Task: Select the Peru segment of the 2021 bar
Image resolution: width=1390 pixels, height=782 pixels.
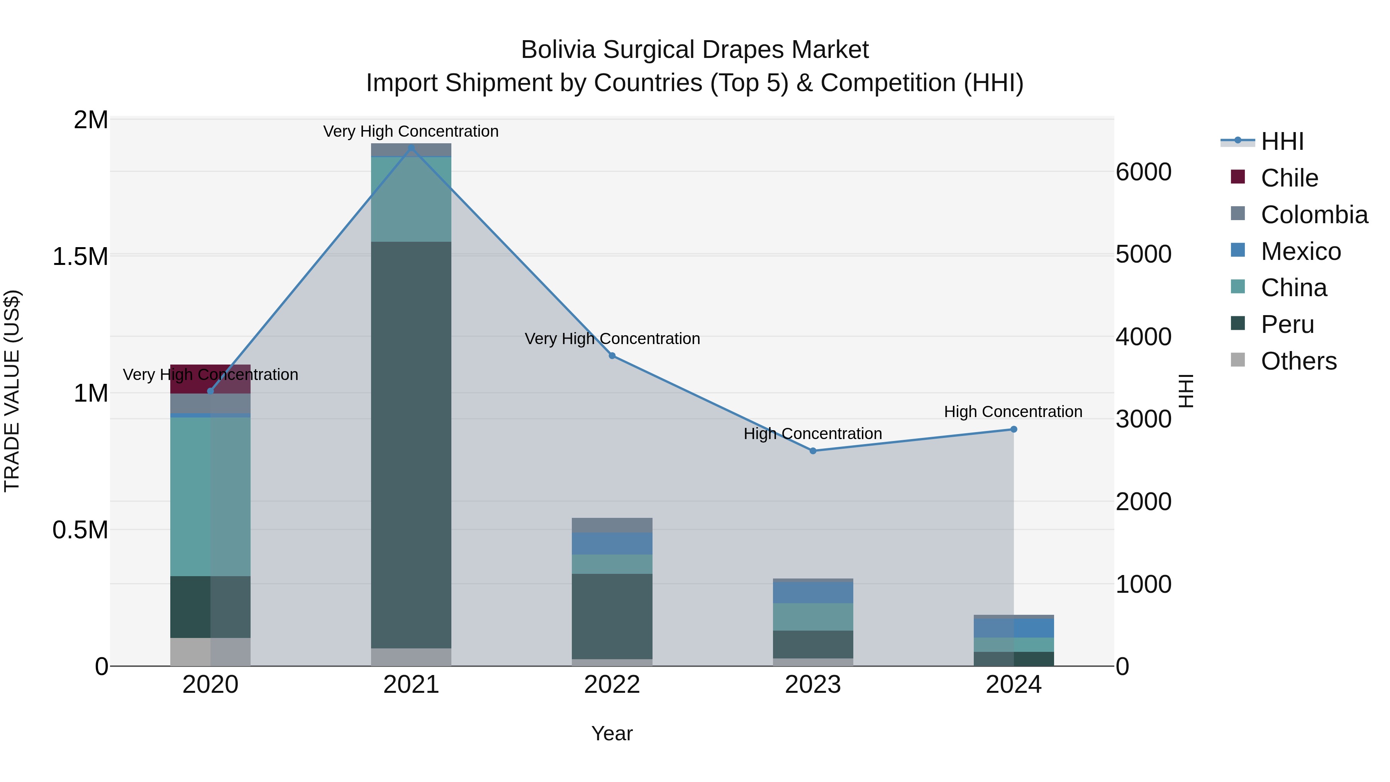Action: tap(411, 445)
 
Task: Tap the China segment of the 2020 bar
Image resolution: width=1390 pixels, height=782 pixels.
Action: tap(210, 497)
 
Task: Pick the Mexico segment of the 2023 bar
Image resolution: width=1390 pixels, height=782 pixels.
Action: tap(813, 592)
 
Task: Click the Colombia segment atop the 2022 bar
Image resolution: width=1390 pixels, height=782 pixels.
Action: tap(612, 525)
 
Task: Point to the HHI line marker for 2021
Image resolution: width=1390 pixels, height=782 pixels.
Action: tap(411, 148)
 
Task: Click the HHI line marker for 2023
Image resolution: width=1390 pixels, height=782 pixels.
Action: tap(813, 451)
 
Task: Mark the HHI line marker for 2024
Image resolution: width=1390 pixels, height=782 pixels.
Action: tap(1014, 429)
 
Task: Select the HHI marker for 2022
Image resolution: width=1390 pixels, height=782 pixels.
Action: tap(612, 356)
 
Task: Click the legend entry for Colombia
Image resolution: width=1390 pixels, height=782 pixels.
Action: tap(1314, 215)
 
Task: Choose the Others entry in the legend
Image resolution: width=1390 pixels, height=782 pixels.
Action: tap(1298, 361)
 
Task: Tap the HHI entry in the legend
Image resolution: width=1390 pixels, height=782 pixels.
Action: tap(1282, 141)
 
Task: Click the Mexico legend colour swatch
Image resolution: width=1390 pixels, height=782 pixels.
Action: tap(1237, 250)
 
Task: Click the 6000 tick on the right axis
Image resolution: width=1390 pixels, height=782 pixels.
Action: tap(1143, 172)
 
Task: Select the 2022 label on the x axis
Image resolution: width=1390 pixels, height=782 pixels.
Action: tap(612, 685)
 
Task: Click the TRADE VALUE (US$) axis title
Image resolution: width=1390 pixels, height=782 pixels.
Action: tap(12, 391)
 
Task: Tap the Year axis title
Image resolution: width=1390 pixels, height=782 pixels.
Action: tap(612, 733)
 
